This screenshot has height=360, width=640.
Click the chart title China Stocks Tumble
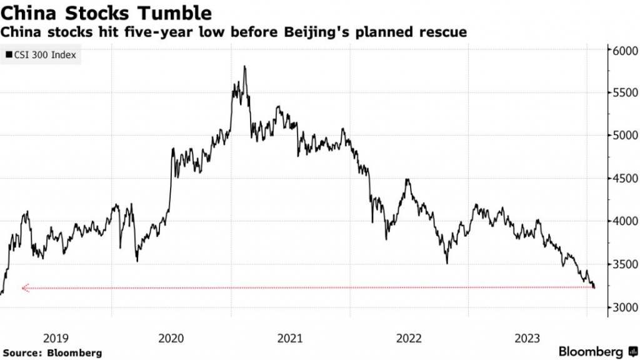tap(107, 13)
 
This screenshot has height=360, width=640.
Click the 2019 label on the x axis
tap(56, 338)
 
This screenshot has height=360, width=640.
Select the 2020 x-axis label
tap(171, 338)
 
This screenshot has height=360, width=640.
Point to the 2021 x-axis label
tap(290, 338)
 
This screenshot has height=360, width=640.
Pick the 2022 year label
tap(409, 338)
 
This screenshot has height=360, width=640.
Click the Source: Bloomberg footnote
tap(52, 352)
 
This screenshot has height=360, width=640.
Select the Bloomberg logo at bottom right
tap(596, 351)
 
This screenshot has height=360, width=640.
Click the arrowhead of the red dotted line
tap(24, 288)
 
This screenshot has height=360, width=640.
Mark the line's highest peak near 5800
tap(244, 66)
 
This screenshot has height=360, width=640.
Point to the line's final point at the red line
tap(593, 287)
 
